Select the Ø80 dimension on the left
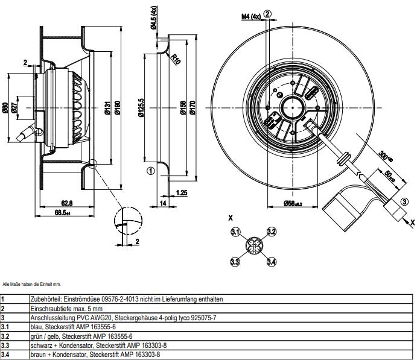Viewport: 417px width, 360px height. point(5,108)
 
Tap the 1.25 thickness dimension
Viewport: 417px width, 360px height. point(180,193)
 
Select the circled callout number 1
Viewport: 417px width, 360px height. point(151,171)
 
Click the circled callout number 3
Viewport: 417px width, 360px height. point(404,201)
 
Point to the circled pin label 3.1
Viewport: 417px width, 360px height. point(236,232)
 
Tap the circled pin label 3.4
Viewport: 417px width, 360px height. point(272,261)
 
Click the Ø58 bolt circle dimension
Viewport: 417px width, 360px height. point(294,204)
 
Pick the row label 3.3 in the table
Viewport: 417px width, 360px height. point(5,346)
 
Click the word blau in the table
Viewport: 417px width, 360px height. point(35,327)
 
